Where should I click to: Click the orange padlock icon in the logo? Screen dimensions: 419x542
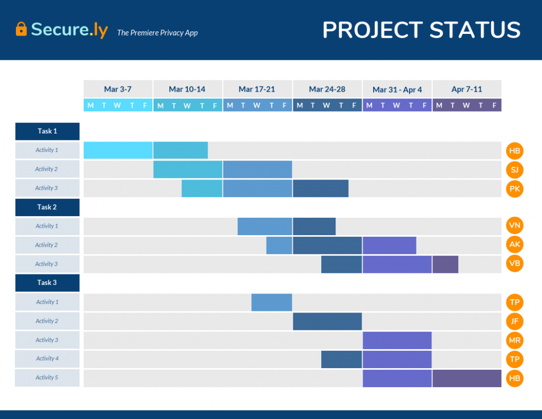pyautogui.click(x=21, y=29)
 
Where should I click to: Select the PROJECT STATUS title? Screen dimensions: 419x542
pyautogui.click(x=421, y=30)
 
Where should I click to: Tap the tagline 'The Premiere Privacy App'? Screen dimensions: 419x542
pyautogui.click(x=157, y=33)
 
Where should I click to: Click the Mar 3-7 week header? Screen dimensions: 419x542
pyautogui.click(x=118, y=89)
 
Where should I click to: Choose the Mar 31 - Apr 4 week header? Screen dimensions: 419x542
pyautogui.click(x=397, y=90)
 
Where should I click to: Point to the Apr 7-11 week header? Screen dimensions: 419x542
pyautogui.click(x=466, y=89)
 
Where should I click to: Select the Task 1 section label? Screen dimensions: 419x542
pyautogui.click(x=47, y=131)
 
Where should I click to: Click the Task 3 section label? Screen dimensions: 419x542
pyautogui.click(x=47, y=282)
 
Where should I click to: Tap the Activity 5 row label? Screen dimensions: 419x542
pyautogui.click(x=47, y=378)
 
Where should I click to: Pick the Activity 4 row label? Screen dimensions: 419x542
pyautogui.click(x=47, y=359)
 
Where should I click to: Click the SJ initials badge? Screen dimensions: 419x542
pyautogui.click(x=514, y=170)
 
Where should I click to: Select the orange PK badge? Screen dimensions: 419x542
pyautogui.click(x=514, y=189)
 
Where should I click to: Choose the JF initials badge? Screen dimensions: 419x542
pyautogui.click(x=514, y=321)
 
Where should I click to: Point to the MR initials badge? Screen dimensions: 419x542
pyautogui.click(x=514, y=340)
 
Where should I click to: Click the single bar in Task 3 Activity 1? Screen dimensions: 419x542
pyautogui.click(x=272, y=302)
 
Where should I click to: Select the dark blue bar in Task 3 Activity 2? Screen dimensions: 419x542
pyautogui.click(x=327, y=321)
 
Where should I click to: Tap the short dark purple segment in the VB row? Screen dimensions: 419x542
pyautogui.click(x=445, y=264)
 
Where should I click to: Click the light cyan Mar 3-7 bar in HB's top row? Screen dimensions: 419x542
pyautogui.click(x=118, y=150)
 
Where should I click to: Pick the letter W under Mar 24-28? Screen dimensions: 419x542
pyautogui.click(x=327, y=105)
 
